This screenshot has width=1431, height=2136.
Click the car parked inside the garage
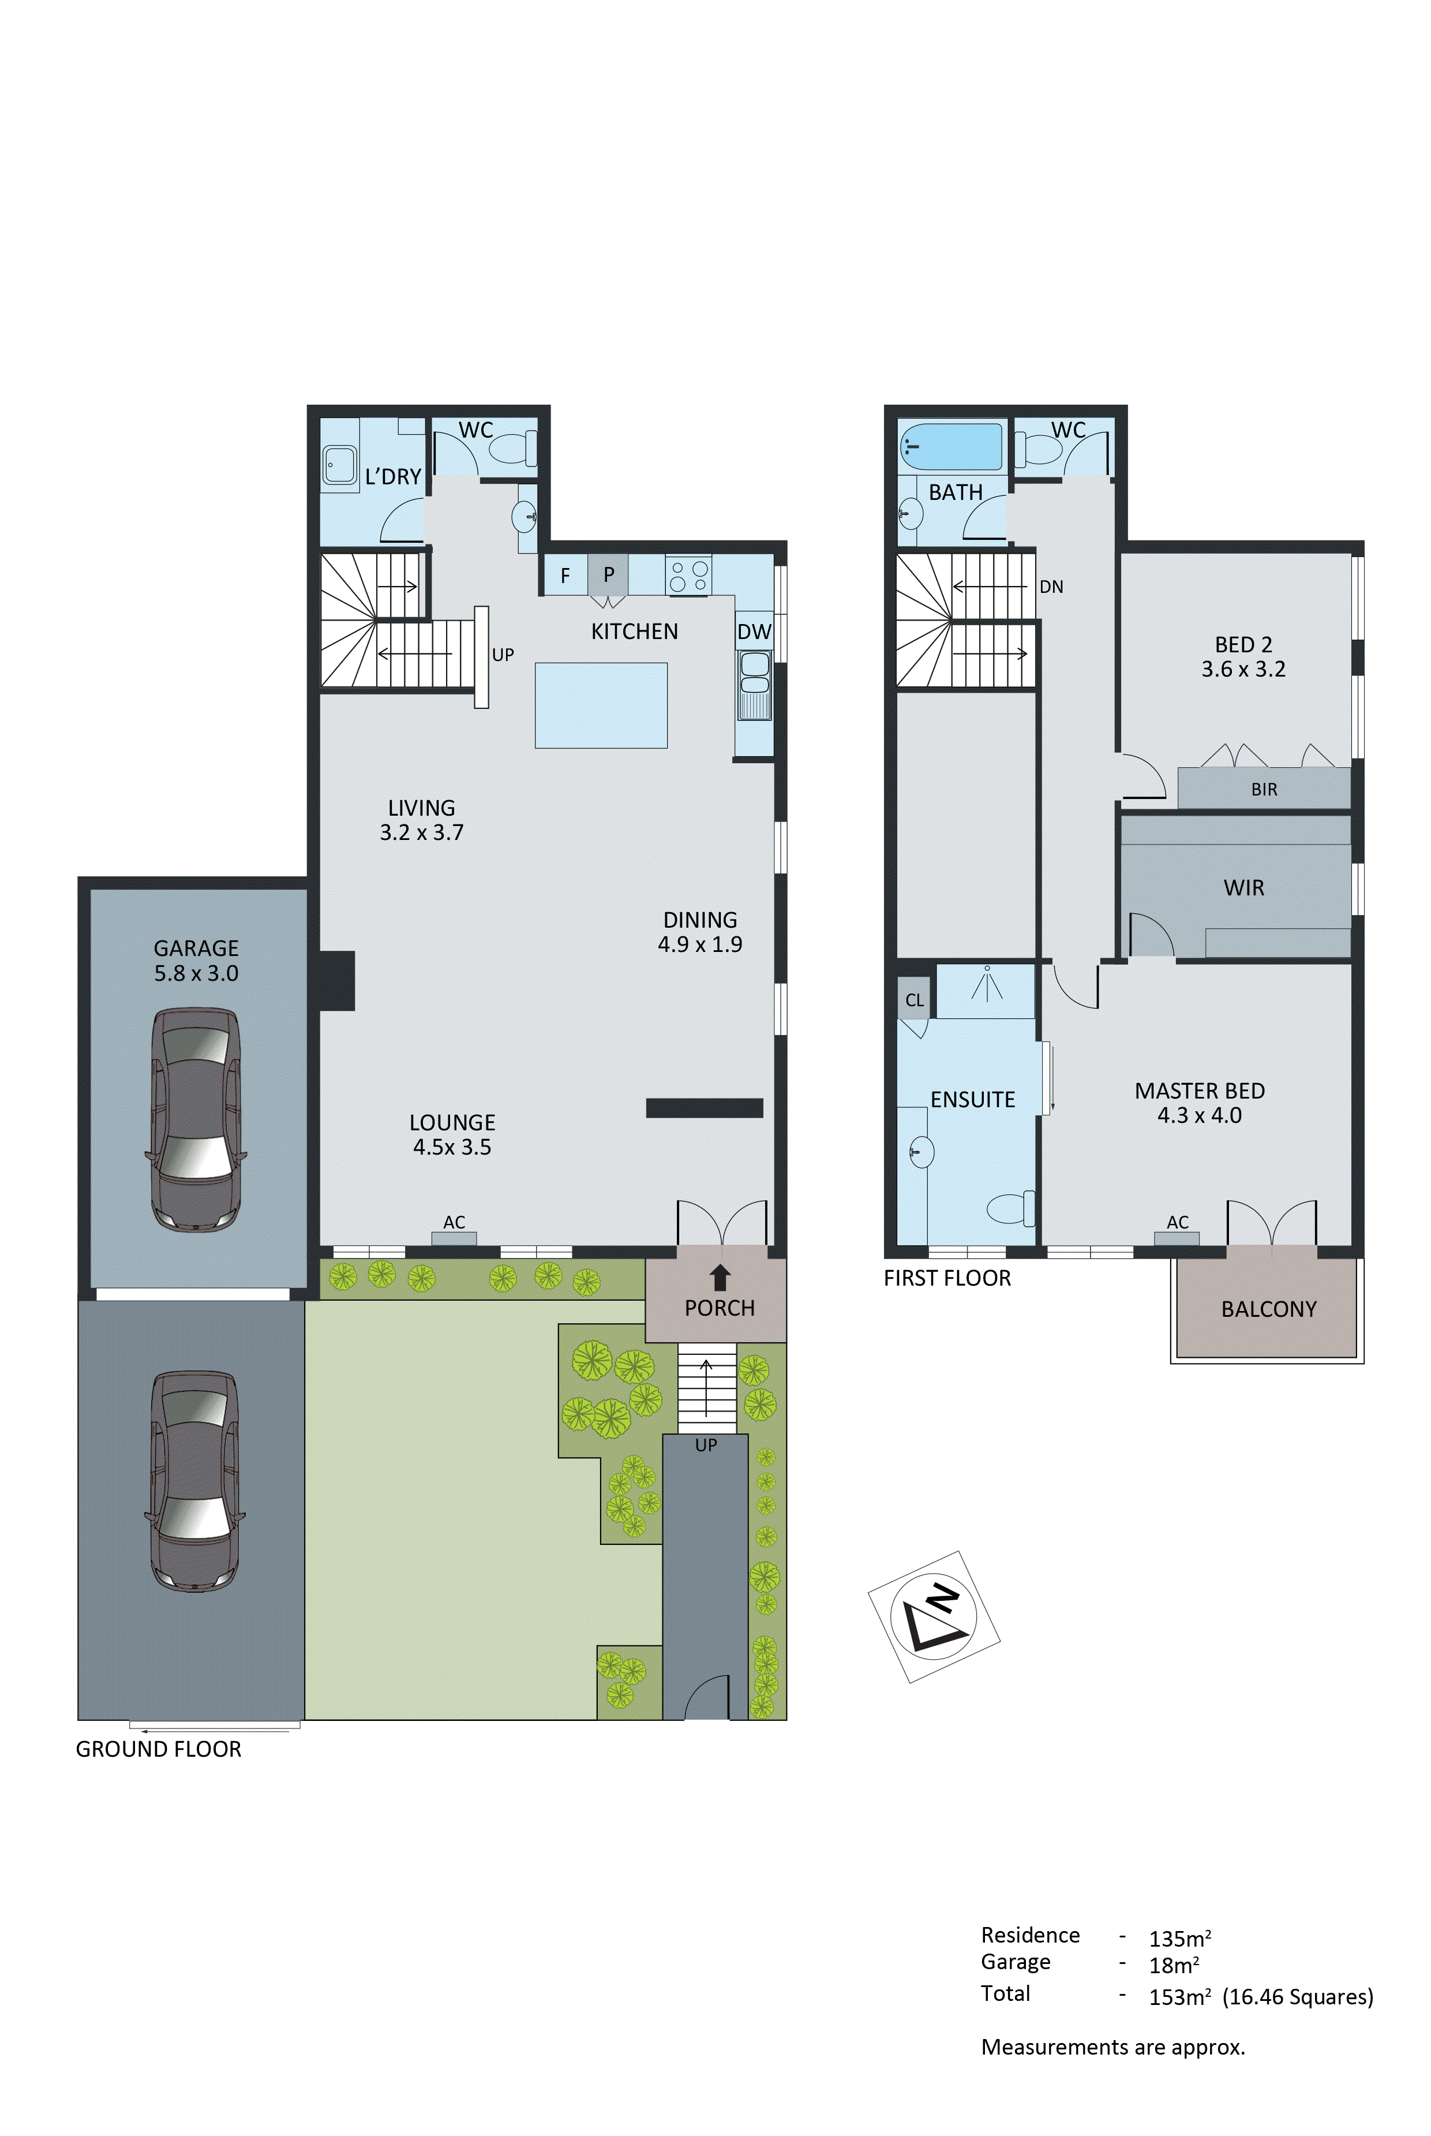coord(195,1119)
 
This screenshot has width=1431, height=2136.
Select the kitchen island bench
coord(601,705)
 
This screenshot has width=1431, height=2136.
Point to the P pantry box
coord(608,575)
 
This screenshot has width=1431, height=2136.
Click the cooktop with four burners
coord(688,576)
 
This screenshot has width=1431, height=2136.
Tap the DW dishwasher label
coord(754,632)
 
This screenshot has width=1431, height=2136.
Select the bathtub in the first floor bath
coord(951,446)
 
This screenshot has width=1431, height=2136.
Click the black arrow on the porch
coord(720,1277)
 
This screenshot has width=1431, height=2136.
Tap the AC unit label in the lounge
coord(454,1222)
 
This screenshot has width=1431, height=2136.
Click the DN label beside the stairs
coord(1051,587)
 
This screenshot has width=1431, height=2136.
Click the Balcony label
coord(1268,1309)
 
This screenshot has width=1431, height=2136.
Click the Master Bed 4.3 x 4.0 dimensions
coord(1199,1115)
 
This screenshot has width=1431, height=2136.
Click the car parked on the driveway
coord(195,1481)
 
